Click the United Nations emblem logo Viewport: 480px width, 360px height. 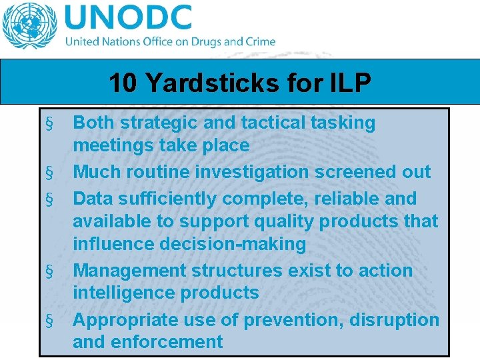[29, 27]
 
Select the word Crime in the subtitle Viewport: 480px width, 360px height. [259, 41]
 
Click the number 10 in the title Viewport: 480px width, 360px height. [123, 83]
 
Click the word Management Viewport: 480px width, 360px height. [129, 271]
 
